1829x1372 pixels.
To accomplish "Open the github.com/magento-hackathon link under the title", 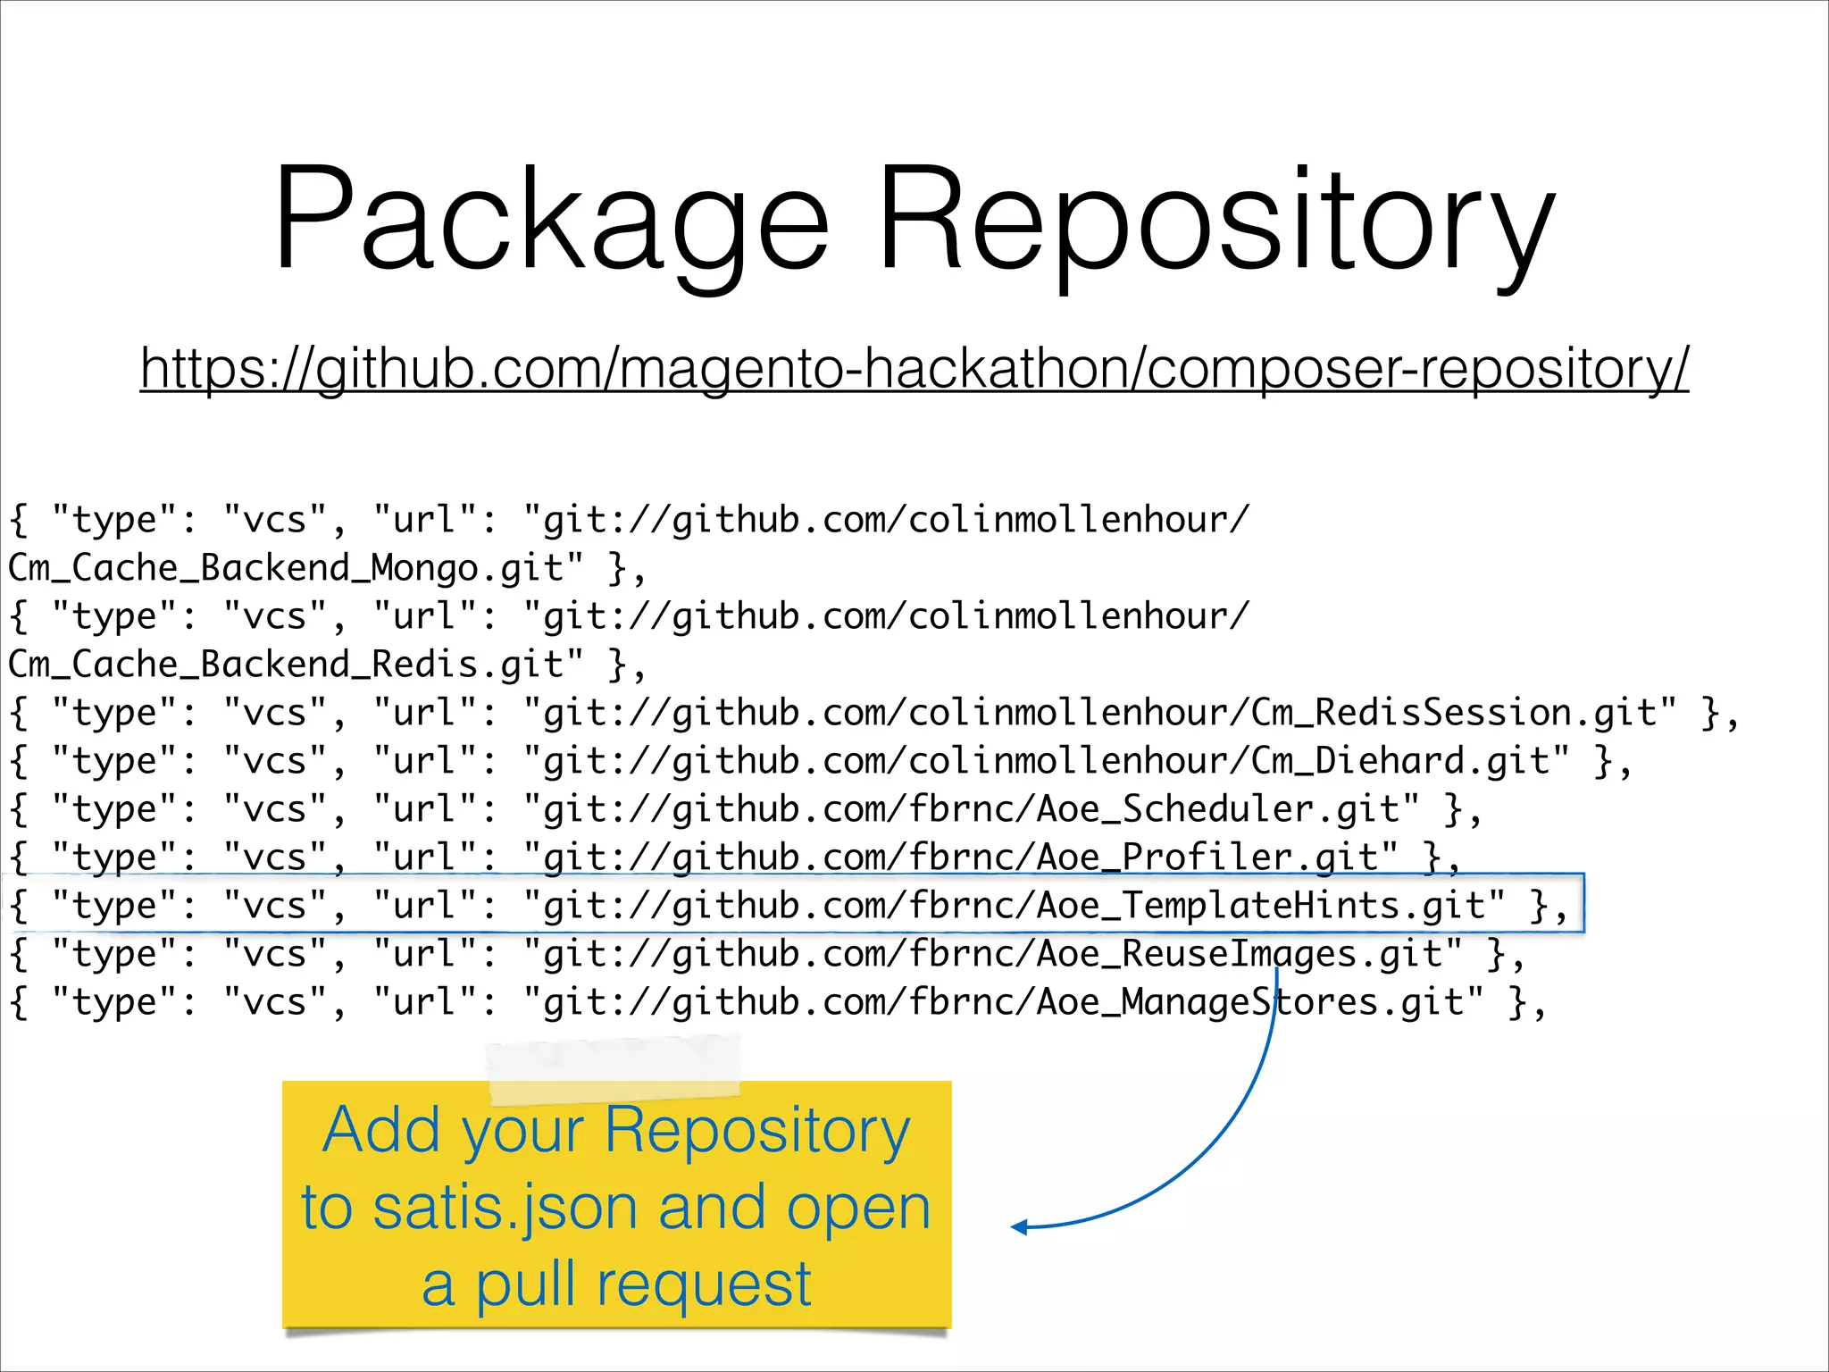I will [x=914, y=367].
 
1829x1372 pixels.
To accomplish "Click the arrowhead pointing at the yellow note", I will [x=1020, y=1227].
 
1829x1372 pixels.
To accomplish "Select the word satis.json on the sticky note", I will [x=505, y=1208].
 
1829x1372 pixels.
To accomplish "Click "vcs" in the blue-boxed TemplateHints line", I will [x=275, y=906].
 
